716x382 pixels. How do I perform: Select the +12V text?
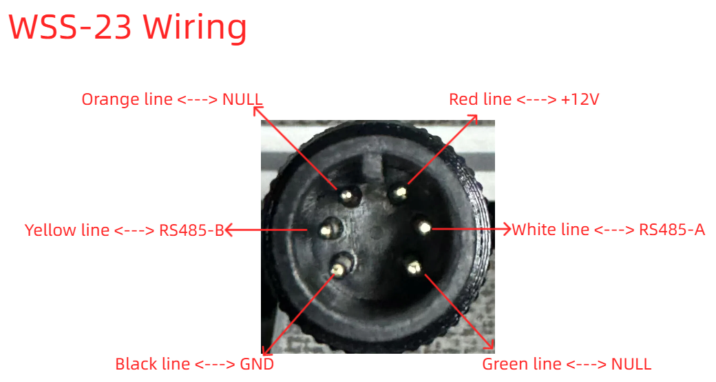coord(580,99)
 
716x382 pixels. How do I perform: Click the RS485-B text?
coord(191,230)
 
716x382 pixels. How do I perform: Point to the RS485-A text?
coord(672,230)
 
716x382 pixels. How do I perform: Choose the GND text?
coord(257,364)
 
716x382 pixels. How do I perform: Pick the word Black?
coord(135,364)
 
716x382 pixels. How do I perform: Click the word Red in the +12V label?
coord(461,99)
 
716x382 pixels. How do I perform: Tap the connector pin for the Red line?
coord(400,192)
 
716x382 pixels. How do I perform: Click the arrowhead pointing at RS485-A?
coord(506,229)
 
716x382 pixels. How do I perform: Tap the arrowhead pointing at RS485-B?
coord(230,230)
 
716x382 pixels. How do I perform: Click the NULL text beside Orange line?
coord(242,99)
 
